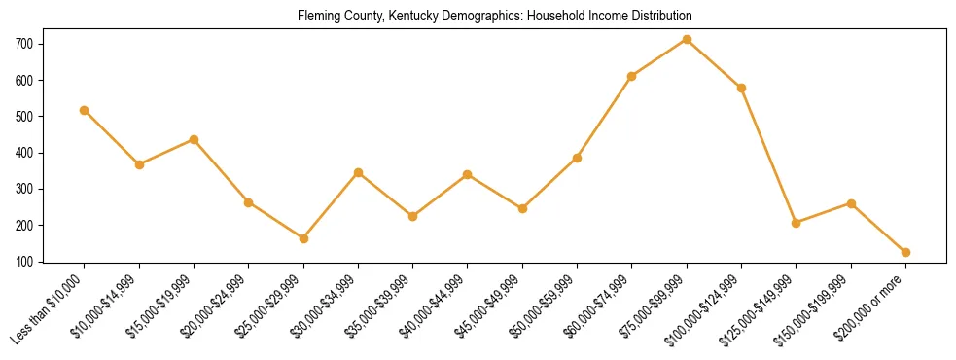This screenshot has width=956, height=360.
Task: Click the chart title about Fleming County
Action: (481, 17)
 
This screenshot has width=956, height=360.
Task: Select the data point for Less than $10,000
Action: (85, 110)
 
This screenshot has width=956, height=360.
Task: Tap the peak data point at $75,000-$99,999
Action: (687, 39)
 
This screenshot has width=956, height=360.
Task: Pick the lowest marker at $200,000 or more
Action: (905, 252)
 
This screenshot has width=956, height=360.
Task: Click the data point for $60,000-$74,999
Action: (632, 76)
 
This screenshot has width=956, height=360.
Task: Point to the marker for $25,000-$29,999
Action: (303, 238)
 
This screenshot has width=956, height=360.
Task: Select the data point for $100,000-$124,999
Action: (741, 88)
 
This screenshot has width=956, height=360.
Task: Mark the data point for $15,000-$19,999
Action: (194, 139)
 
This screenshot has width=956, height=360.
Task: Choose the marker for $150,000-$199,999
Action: (851, 203)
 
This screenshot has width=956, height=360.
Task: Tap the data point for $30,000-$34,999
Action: (358, 172)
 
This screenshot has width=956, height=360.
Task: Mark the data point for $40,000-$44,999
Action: (468, 174)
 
